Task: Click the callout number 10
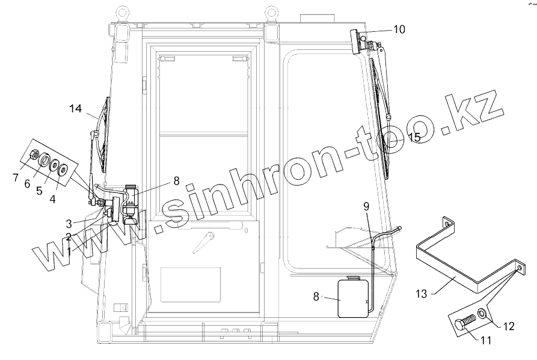click(x=399, y=29)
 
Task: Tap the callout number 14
click(x=76, y=108)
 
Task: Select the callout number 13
click(x=422, y=294)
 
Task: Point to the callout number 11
click(x=486, y=340)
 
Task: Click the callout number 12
click(x=509, y=326)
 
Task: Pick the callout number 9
click(x=366, y=206)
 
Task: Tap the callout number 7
click(x=16, y=178)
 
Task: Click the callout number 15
click(x=414, y=137)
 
